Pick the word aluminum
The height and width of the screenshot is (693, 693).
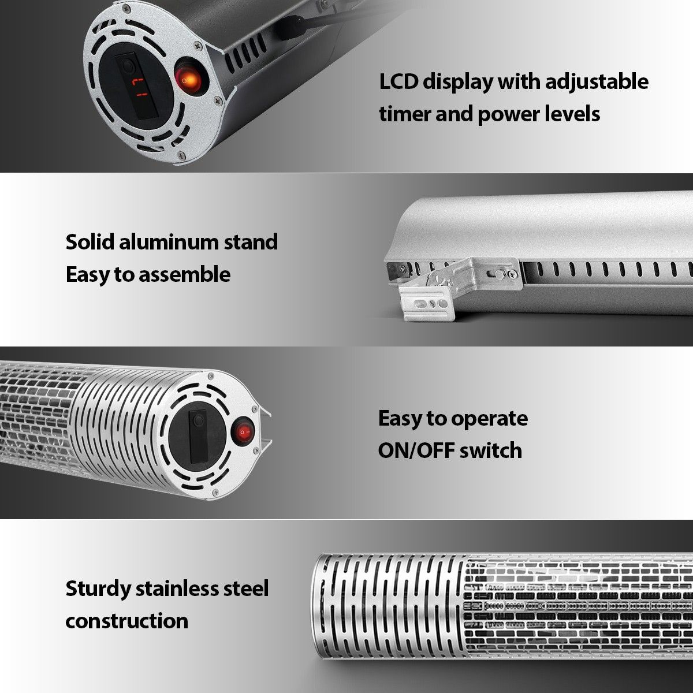pyautogui.click(x=167, y=241)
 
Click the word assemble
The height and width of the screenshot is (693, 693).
pyautogui.click(x=184, y=275)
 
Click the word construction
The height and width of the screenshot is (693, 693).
pyautogui.click(x=126, y=621)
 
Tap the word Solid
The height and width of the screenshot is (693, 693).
pyautogui.click(x=90, y=241)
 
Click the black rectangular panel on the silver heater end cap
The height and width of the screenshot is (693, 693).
pyautogui.click(x=199, y=436)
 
